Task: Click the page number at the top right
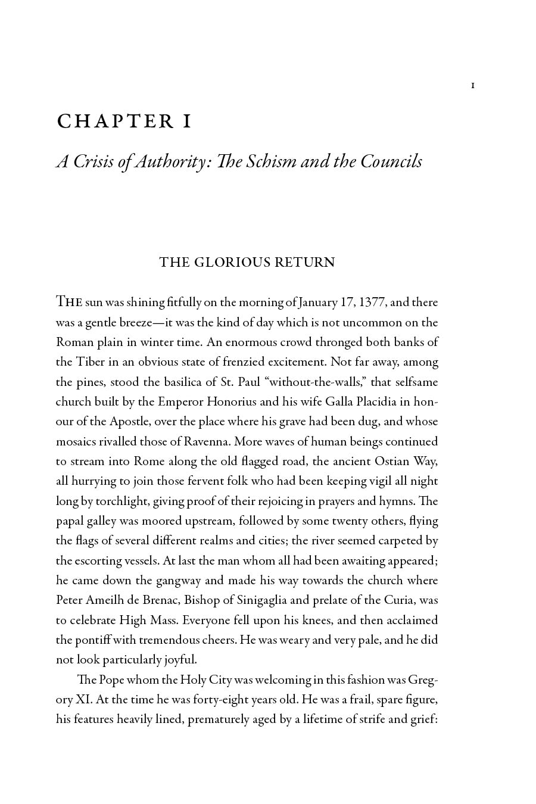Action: (x=473, y=86)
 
